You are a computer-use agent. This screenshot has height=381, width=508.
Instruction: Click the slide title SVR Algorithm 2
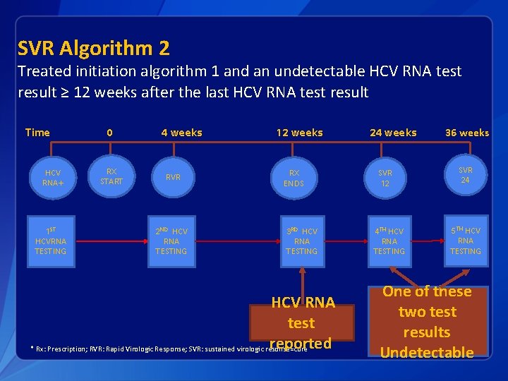pos(94,49)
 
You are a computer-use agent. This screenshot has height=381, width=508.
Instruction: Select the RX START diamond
pos(111,176)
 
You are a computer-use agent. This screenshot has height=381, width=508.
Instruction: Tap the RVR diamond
pos(172,178)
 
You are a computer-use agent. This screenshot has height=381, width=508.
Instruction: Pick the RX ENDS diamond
pos(294,178)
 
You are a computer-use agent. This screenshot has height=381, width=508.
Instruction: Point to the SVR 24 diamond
pos(466,175)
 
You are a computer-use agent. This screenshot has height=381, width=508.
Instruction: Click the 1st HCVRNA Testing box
pos(51,241)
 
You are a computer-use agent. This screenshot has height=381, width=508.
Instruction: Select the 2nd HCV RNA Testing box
pos(171,241)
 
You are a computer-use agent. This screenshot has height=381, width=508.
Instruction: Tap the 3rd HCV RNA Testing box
pos(302,241)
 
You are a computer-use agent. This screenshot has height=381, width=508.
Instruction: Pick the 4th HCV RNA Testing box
pos(389,241)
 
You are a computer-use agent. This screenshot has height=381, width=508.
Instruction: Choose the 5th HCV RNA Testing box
pos(466,241)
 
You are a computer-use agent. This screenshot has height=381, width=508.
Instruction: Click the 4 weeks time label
pos(181,133)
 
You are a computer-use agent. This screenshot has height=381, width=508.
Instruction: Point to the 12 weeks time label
pos(300,133)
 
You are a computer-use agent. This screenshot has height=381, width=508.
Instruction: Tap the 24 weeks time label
pos(394,133)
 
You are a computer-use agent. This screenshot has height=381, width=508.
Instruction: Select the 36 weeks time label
pos(467,133)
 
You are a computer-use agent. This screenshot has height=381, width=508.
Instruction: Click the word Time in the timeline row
pos(37,133)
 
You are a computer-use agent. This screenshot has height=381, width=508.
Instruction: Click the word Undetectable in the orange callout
pos(427,352)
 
